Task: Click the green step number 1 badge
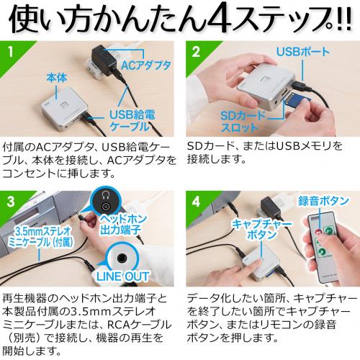point(10,51)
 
